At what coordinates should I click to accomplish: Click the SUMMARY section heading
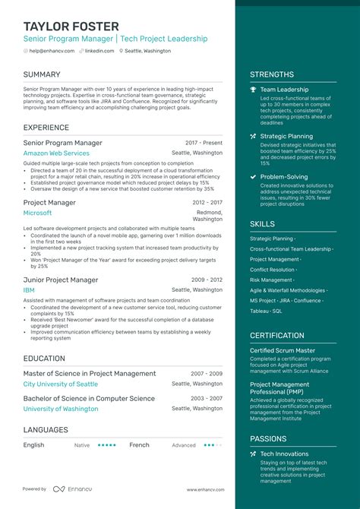pyautogui.click(x=42, y=74)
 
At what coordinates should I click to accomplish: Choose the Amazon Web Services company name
pyautogui.click(x=56, y=153)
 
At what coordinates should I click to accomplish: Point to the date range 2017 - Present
pyautogui.click(x=204, y=143)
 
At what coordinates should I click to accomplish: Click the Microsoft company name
pyautogui.click(x=37, y=213)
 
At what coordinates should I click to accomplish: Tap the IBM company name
pyautogui.click(x=30, y=290)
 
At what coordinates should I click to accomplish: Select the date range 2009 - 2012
pyautogui.click(x=207, y=280)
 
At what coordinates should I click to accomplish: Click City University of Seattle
pyautogui.click(x=61, y=384)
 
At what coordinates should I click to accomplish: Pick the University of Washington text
pyautogui.click(x=61, y=409)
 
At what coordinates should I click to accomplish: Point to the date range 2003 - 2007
pyautogui.click(x=207, y=398)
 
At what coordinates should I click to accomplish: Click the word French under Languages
pyautogui.click(x=139, y=445)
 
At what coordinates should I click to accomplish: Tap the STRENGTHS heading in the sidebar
pyautogui.click(x=271, y=74)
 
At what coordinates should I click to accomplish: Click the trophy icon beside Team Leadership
pyautogui.click(x=253, y=90)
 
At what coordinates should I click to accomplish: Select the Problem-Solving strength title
pyautogui.click(x=284, y=177)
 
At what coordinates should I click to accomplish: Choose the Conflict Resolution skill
pyautogui.click(x=272, y=269)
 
